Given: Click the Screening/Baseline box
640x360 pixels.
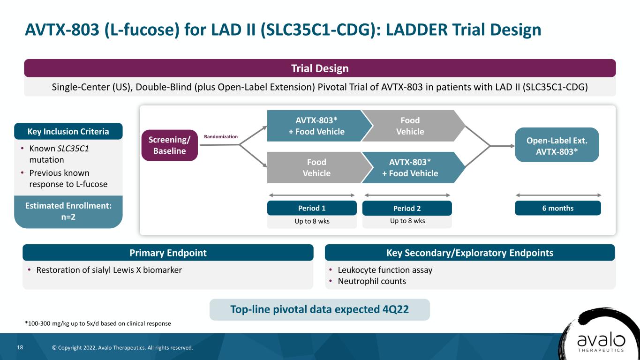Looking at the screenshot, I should click(170, 145).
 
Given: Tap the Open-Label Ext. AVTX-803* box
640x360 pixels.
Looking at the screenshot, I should click(557, 145).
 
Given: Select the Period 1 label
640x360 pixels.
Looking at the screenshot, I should click(312, 208).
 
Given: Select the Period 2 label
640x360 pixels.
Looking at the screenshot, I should click(407, 208).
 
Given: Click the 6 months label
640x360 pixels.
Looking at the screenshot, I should click(558, 208).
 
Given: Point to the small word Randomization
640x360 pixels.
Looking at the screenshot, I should click(221, 136).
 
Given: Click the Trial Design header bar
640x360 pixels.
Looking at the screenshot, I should click(320, 68).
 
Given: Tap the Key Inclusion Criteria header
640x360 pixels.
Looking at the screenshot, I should click(68, 131).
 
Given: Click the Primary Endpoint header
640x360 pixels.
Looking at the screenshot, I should click(168, 253).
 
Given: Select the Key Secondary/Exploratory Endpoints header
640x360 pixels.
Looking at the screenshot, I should click(470, 253).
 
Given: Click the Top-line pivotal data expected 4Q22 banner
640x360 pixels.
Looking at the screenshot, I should click(320, 309).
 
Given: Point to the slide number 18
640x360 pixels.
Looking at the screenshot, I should click(20, 347).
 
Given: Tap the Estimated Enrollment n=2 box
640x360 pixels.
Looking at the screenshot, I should click(68, 211).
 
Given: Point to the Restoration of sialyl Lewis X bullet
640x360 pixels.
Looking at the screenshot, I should click(109, 270).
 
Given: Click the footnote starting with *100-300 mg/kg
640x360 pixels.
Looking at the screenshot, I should click(98, 323).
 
